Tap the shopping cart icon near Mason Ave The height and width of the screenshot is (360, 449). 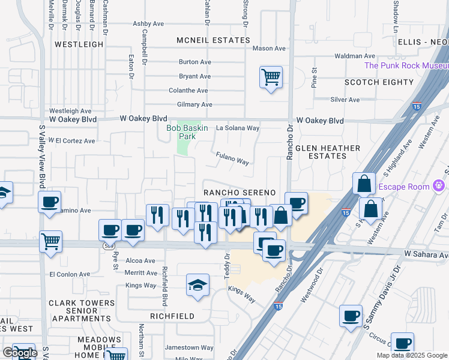pyautogui.click(x=271, y=77)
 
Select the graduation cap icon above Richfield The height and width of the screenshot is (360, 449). pyautogui.click(x=197, y=286)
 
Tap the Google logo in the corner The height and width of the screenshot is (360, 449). pyautogui.click(x=20, y=353)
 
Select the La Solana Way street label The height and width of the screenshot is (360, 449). pyautogui.click(x=238, y=128)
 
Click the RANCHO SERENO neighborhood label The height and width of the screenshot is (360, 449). pyautogui.click(x=239, y=192)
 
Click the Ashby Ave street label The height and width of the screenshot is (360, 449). pyautogui.click(x=148, y=24)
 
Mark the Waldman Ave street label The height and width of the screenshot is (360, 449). pyautogui.click(x=355, y=56)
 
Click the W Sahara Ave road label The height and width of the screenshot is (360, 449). pyautogui.click(x=426, y=254)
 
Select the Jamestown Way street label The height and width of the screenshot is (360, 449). pyautogui.click(x=190, y=347)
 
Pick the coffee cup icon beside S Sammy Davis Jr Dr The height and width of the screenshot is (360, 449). pyautogui.click(x=351, y=316)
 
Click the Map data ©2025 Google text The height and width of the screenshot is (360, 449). pyautogui.click(x=411, y=355)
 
